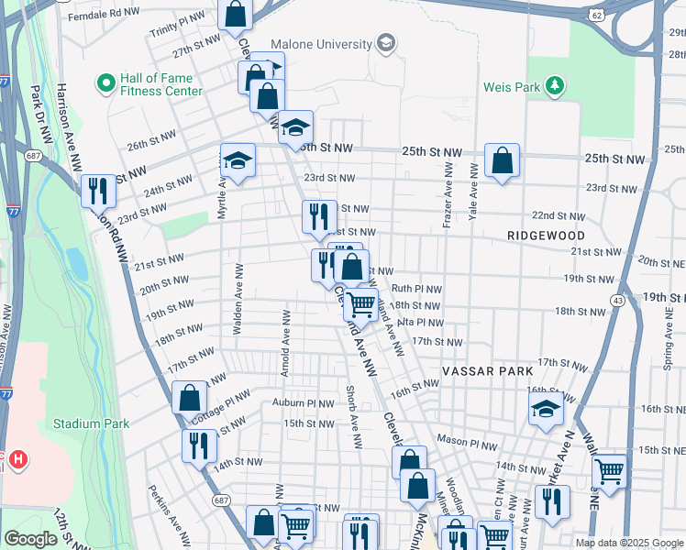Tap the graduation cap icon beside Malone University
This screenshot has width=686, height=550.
[x=386, y=44]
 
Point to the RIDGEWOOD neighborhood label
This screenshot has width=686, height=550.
[x=545, y=236]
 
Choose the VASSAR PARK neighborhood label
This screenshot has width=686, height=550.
[x=487, y=371]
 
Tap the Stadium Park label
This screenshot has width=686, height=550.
[x=91, y=423]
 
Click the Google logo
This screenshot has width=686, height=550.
[x=31, y=538]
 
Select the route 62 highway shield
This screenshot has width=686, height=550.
[x=597, y=15]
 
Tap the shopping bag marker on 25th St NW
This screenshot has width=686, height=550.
[x=503, y=160]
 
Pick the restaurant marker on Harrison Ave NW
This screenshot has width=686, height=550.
[x=98, y=191]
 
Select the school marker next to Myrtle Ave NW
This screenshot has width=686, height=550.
[x=238, y=161]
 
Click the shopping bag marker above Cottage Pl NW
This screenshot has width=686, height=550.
[x=189, y=398]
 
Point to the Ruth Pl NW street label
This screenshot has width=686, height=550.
[x=416, y=288]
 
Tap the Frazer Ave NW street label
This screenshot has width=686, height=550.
[x=448, y=194]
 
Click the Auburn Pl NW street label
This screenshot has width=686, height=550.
[x=303, y=402]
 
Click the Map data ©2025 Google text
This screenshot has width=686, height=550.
[x=629, y=543]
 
